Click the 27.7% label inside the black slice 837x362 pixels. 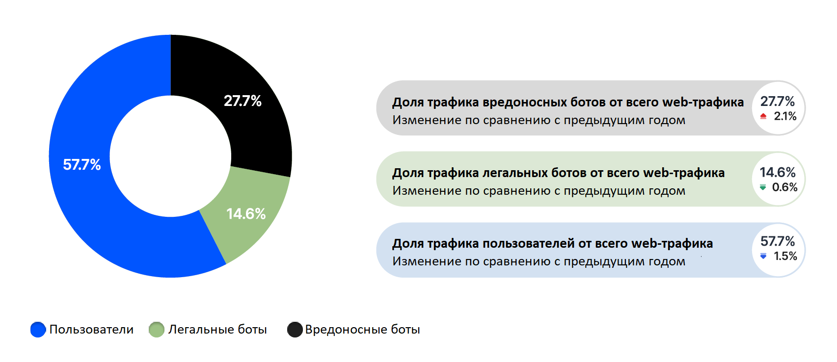243,101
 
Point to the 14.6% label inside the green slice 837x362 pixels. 246,214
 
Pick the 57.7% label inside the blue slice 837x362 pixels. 82,165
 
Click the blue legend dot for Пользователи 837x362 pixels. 38,330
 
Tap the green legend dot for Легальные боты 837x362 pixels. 157,330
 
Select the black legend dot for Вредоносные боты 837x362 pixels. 295,330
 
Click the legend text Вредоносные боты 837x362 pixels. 362,330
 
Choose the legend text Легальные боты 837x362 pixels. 217,330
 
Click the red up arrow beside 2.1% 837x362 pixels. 763,116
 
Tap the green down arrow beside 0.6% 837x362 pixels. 763,187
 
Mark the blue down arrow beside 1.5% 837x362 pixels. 763,256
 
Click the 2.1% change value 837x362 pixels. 785,116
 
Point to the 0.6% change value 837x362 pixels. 784,187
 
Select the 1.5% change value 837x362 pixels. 785,256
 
